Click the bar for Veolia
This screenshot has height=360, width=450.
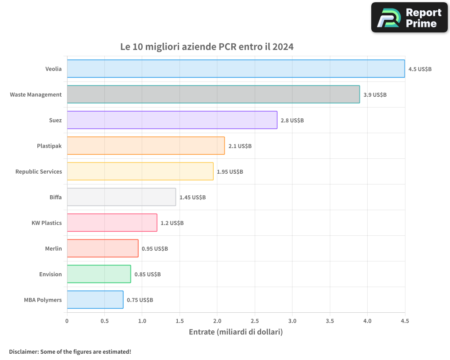point(236,69)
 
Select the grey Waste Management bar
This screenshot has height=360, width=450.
point(213,94)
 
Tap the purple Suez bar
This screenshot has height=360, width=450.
point(172,120)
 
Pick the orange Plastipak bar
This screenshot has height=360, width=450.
point(146,146)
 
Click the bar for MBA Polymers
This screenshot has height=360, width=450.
point(95,300)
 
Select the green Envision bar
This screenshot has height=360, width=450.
point(99,274)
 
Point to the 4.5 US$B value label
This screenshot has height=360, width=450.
point(420,69)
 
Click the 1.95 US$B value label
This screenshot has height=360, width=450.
point(230,172)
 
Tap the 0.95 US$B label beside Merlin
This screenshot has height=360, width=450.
point(155,249)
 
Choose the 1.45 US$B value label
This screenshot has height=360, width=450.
point(193,198)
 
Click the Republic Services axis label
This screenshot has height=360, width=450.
point(39,172)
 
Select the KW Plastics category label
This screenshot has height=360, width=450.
point(46,223)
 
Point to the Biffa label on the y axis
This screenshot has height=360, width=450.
point(56,198)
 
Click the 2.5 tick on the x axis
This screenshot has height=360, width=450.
point(255,321)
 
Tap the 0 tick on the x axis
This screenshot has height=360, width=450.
point(67,321)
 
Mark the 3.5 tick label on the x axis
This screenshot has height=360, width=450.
point(330,321)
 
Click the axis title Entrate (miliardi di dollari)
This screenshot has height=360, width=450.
point(236,332)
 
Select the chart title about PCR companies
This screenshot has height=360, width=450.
point(207,47)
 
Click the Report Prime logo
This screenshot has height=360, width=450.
point(409,18)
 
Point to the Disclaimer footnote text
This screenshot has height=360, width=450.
point(70,351)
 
